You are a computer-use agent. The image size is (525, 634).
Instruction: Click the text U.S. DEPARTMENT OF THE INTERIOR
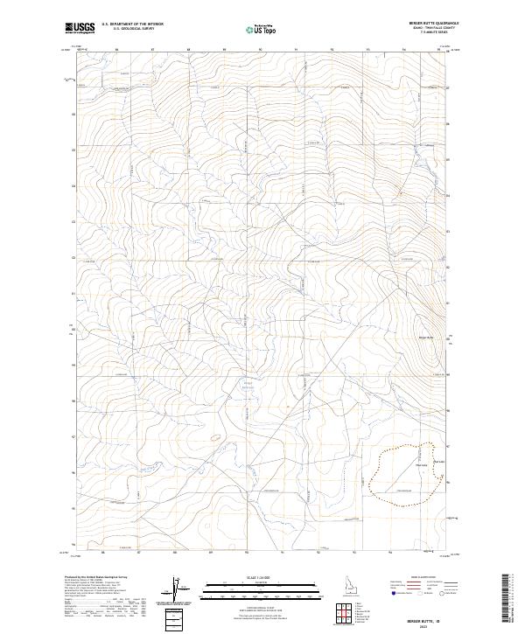click(132, 24)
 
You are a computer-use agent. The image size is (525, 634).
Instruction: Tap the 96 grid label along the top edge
click(116, 50)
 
